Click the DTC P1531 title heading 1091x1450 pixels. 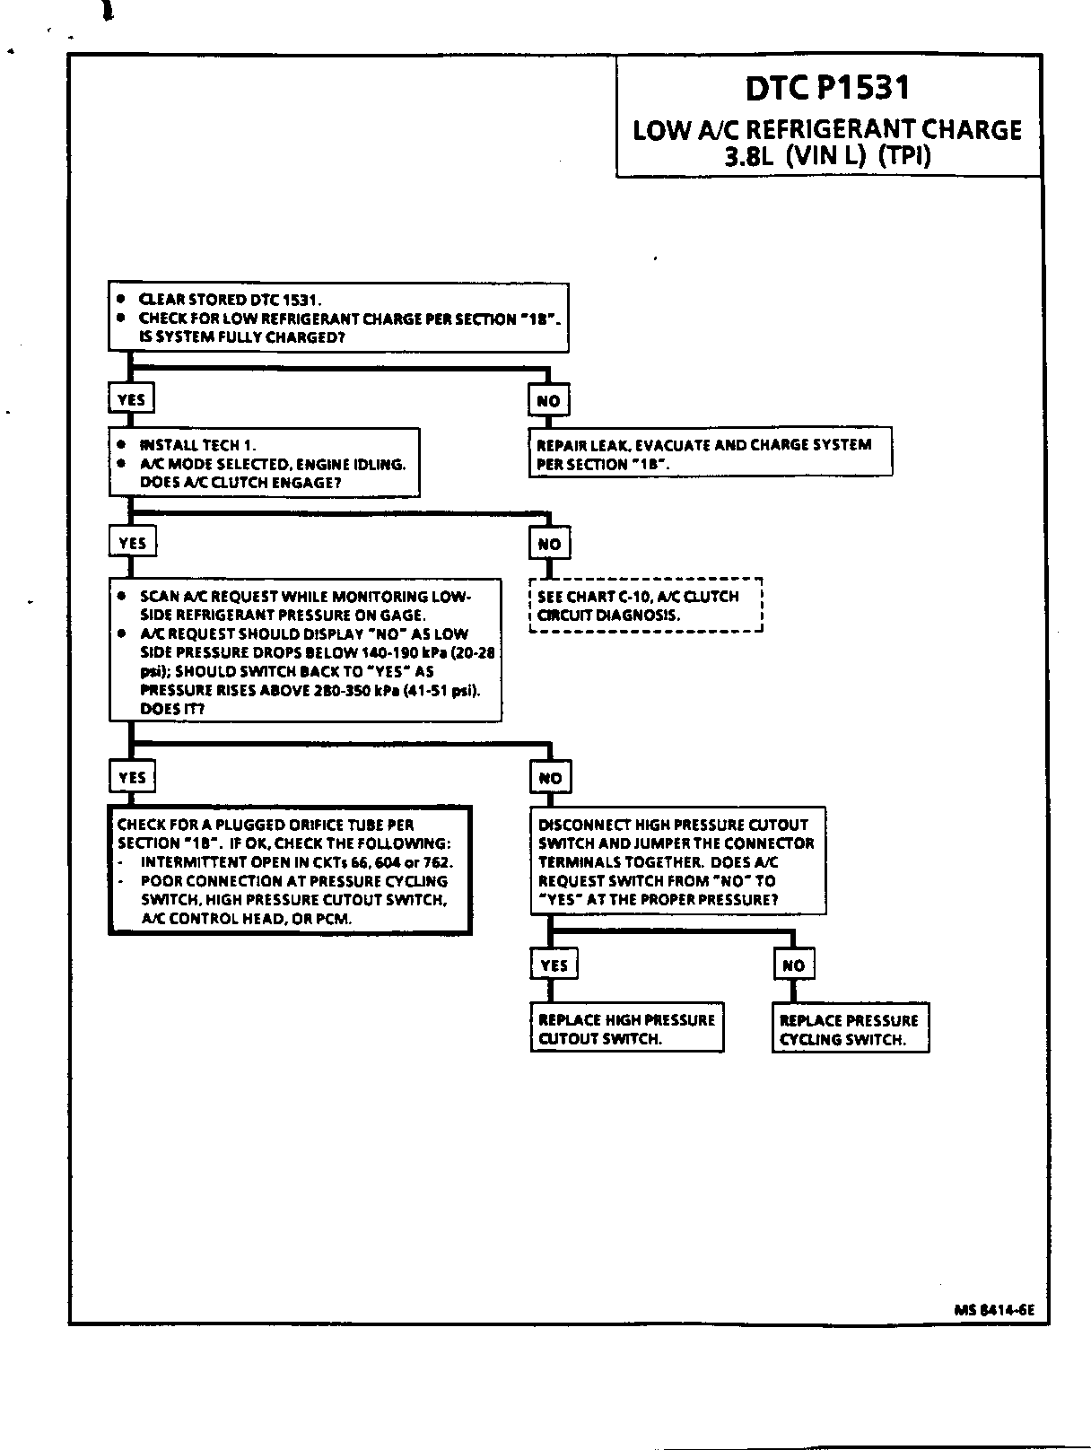coord(827,88)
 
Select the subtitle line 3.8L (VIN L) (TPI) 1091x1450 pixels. coord(827,156)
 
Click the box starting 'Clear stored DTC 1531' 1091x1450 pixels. coord(338,318)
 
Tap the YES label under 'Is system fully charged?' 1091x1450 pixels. coord(131,399)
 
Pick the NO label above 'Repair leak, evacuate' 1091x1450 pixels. coord(548,400)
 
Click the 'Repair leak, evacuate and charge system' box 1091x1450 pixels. coord(710,453)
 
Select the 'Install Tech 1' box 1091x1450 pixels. coord(265,463)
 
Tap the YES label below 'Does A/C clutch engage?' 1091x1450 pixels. coord(132,543)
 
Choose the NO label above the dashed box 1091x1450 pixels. coord(549,544)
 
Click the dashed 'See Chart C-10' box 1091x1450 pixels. coord(645,606)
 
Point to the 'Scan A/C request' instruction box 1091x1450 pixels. coord(305,651)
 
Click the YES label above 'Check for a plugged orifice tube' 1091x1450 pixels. coord(132,777)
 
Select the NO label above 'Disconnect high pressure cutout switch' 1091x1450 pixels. coord(550,778)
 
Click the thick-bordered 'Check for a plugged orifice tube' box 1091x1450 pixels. coord(290,870)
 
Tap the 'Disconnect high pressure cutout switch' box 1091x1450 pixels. coord(677,861)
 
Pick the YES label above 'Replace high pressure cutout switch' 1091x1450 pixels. coord(554,965)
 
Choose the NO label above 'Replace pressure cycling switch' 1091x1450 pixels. coord(794,965)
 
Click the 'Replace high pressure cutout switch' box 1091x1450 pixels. coord(626,1028)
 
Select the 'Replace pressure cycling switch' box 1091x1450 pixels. coord(850,1029)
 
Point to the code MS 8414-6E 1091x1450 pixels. coord(994,1309)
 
